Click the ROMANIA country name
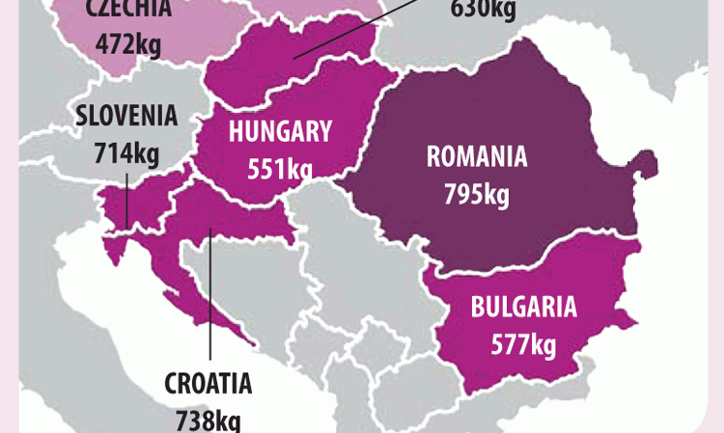point(476,157)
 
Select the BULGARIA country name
point(523,308)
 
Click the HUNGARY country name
point(280,132)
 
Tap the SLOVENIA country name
point(127,116)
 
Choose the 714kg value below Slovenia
point(127,151)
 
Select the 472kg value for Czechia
point(128,42)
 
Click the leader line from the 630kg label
point(357,29)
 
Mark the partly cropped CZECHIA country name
point(128,9)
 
